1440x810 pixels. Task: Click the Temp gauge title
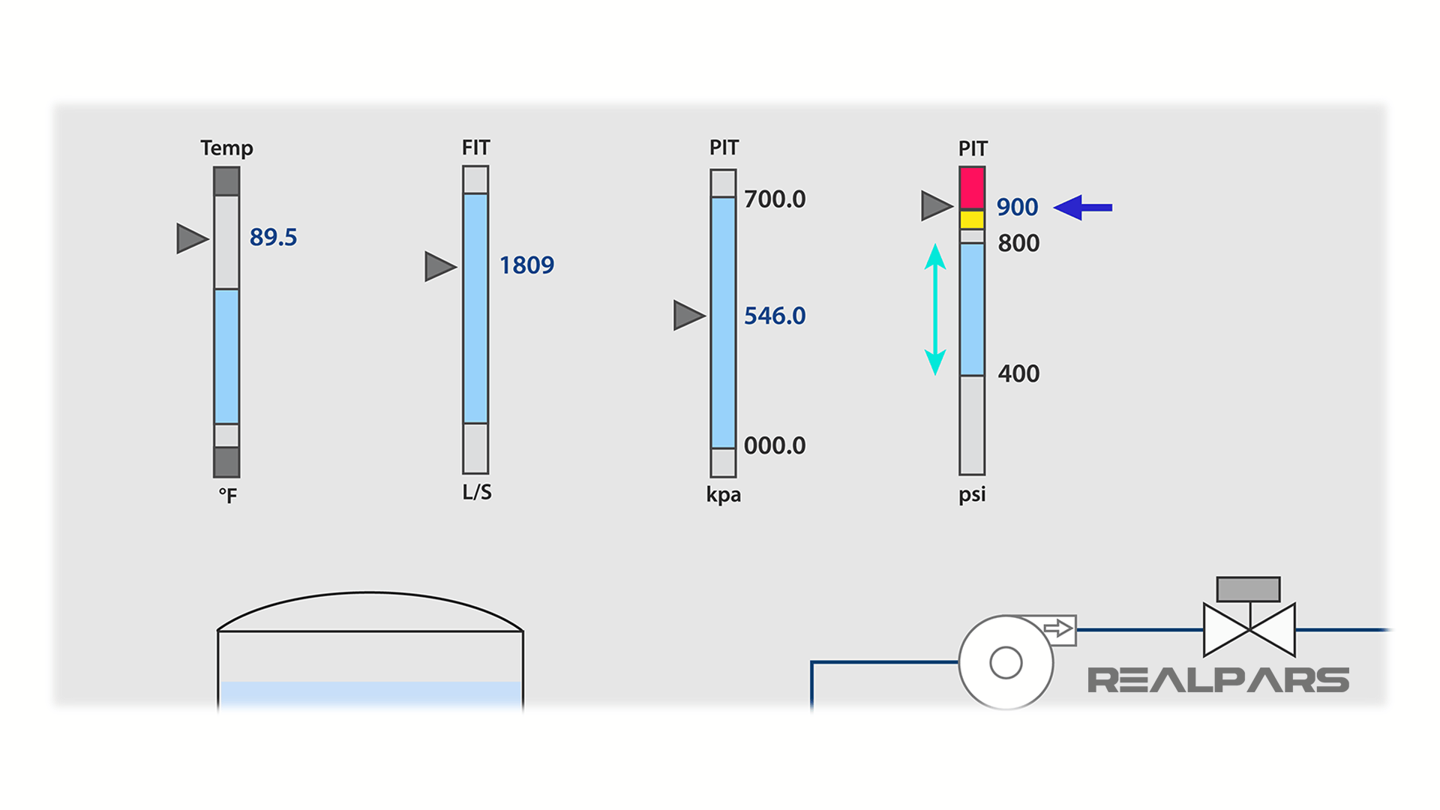(226, 148)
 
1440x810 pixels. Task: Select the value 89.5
(273, 237)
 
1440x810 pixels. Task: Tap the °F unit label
(227, 496)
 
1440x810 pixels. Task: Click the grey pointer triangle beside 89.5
(190, 238)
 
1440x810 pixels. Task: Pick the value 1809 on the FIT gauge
(526, 265)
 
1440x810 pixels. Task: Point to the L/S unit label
(477, 492)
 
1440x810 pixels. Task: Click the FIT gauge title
(475, 147)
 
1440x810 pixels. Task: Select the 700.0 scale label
(774, 199)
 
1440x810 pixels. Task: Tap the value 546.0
(774, 316)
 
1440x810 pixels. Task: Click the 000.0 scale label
(774, 445)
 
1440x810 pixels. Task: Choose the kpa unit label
(723, 495)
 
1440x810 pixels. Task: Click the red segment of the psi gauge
(972, 187)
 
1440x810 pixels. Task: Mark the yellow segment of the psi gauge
(972, 220)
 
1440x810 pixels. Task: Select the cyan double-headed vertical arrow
(934, 309)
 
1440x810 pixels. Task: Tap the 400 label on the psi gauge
(1018, 373)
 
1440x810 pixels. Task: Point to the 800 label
(1018, 243)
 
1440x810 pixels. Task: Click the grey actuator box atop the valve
(1248, 589)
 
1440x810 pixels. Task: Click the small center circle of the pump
(1006, 662)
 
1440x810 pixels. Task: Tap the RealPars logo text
(1218, 680)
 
